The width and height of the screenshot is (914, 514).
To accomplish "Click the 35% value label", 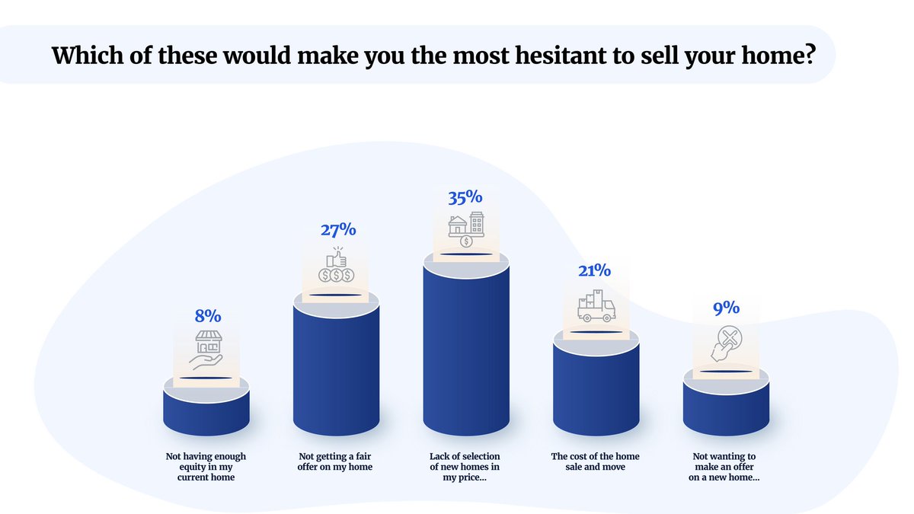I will [x=465, y=196].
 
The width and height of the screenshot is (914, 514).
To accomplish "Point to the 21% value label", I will [x=596, y=270].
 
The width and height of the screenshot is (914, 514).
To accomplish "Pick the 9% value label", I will [x=726, y=308].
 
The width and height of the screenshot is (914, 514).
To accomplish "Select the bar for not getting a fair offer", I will [x=336, y=373].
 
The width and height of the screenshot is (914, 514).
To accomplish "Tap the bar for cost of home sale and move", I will [x=596, y=392].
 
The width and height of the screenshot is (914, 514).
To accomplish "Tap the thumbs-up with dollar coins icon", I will [x=336, y=265].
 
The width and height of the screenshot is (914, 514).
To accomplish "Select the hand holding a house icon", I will [x=206, y=350].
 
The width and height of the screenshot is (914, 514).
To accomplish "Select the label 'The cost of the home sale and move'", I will [x=596, y=461].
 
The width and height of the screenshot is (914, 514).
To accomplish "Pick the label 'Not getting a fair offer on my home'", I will [x=336, y=461].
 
